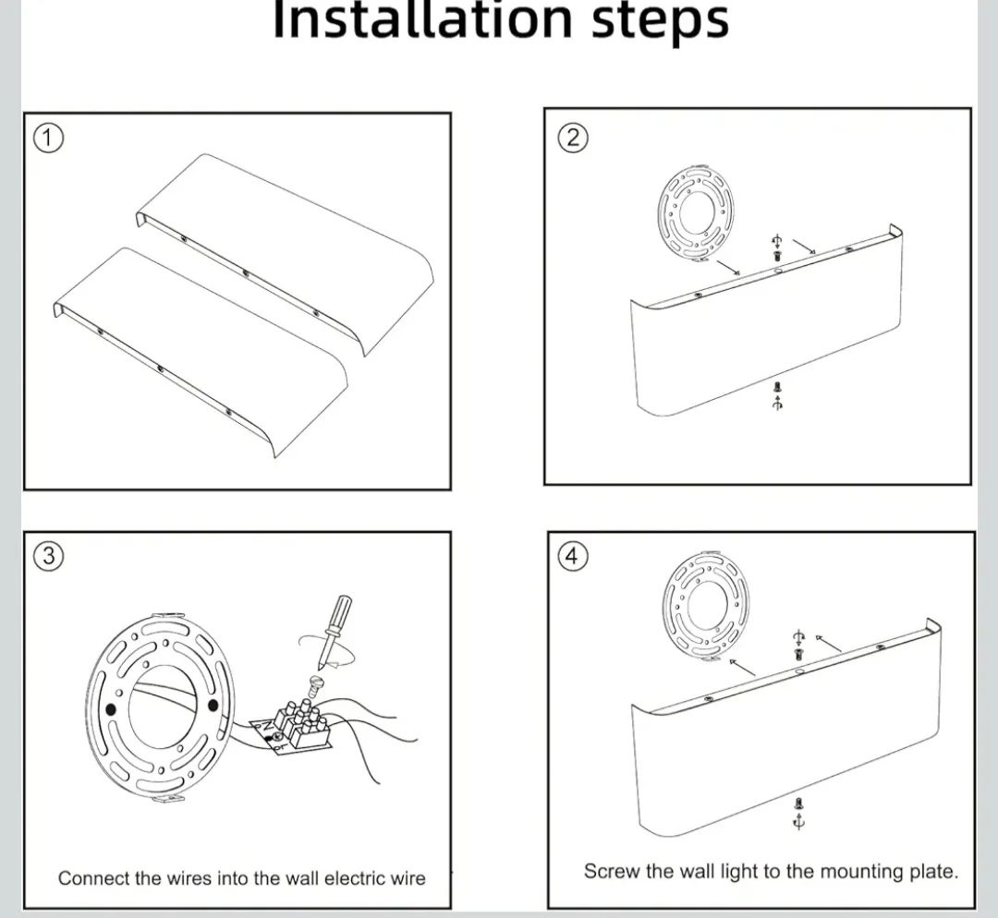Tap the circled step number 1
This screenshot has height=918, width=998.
click(48, 138)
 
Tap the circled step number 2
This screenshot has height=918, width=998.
click(572, 138)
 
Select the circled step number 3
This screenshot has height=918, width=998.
click(48, 556)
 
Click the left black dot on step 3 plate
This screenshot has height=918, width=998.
click(111, 708)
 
